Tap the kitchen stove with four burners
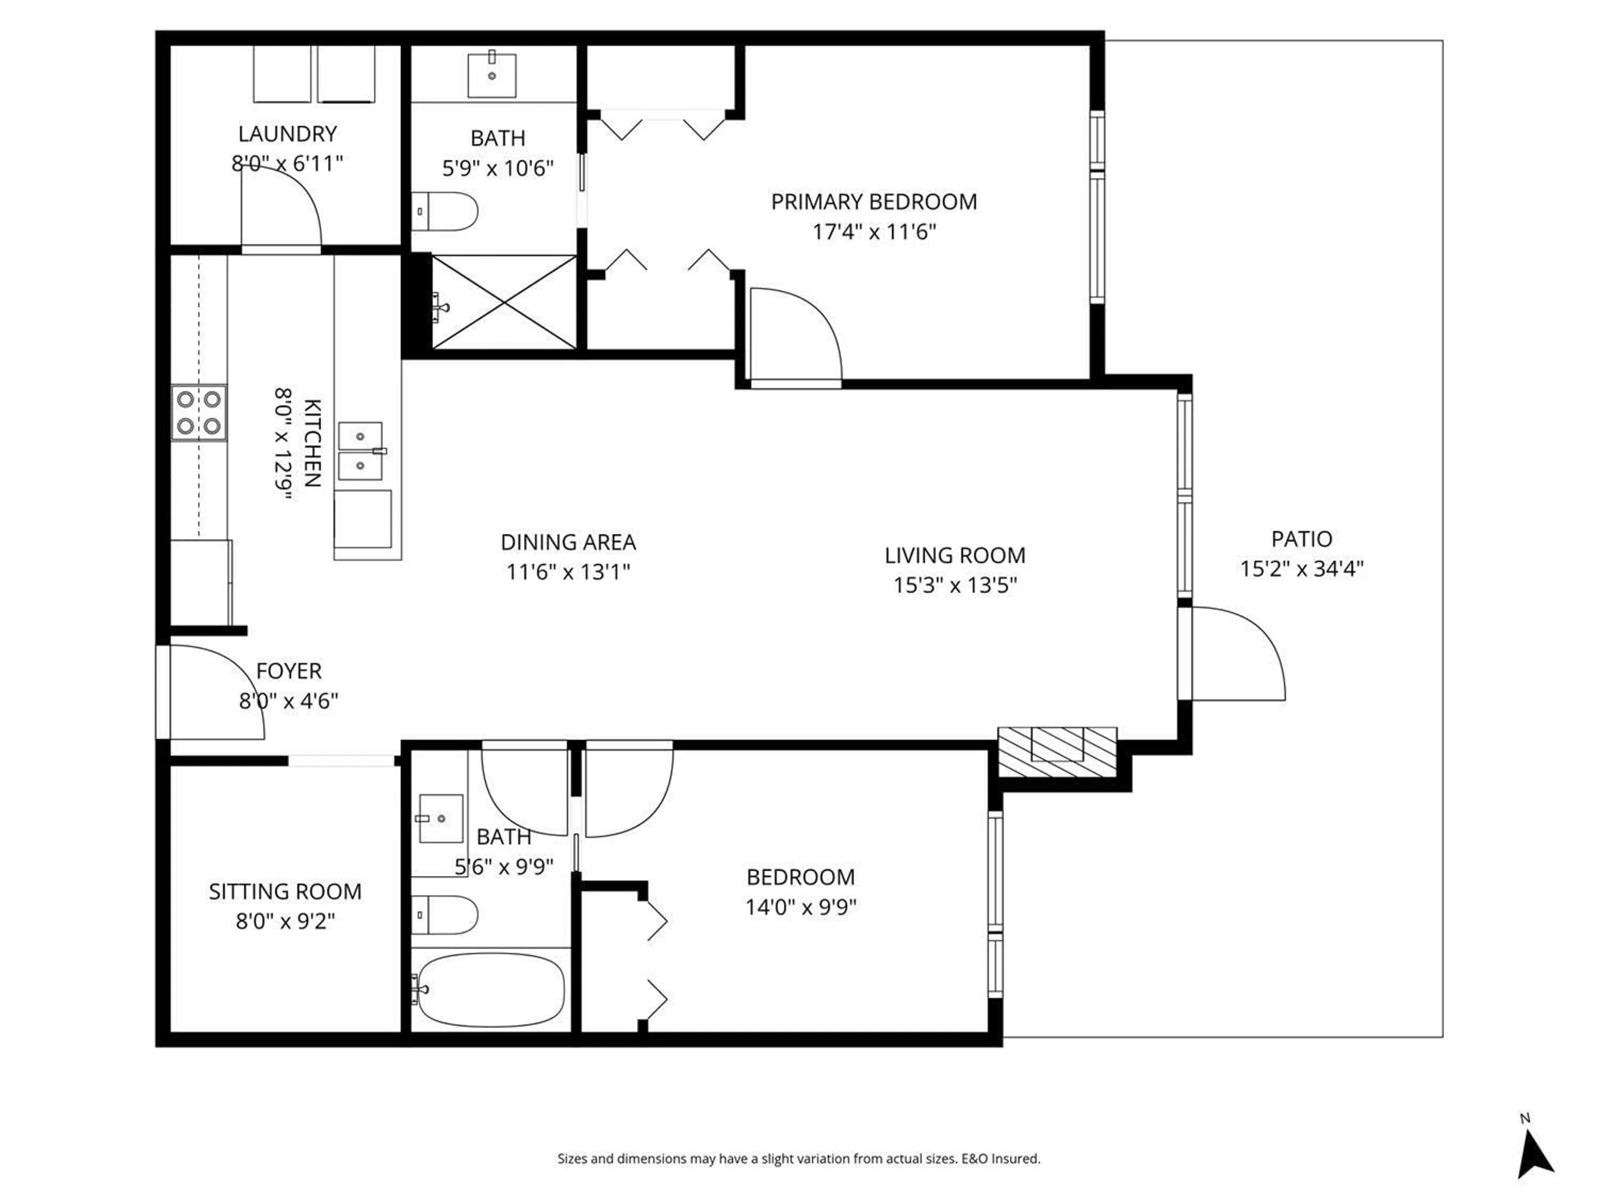[199, 413]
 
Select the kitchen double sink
[360, 451]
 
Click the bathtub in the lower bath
[491, 990]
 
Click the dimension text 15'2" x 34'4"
[1301, 569]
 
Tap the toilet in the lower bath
[445, 915]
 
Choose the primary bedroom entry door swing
[795, 335]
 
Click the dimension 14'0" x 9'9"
[800, 906]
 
